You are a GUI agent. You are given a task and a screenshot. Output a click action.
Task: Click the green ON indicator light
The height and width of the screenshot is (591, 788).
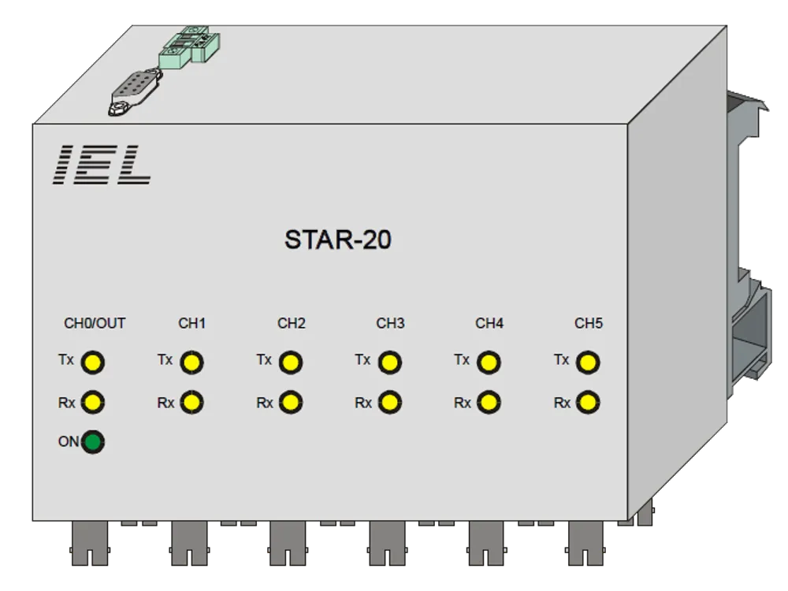pyautogui.click(x=92, y=442)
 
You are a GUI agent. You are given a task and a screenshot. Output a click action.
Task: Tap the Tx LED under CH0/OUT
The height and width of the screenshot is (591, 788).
pyautogui.click(x=92, y=362)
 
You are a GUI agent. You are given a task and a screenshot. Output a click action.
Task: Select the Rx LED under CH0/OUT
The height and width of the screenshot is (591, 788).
pyautogui.click(x=92, y=402)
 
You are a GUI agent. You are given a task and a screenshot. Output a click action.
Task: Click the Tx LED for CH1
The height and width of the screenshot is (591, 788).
pyautogui.click(x=191, y=362)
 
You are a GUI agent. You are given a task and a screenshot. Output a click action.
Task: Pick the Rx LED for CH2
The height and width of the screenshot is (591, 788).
pyautogui.click(x=291, y=402)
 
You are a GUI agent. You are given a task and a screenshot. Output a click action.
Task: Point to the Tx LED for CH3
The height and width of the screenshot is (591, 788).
pyautogui.click(x=389, y=362)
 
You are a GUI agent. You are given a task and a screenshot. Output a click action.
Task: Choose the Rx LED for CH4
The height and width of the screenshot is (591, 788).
pyautogui.click(x=489, y=402)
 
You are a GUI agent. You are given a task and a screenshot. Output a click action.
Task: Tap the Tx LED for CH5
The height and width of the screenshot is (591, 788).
pyautogui.click(x=588, y=362)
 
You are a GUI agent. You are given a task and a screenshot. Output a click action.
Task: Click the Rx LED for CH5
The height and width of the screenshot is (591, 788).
pyautogui.click(x=588, y=402)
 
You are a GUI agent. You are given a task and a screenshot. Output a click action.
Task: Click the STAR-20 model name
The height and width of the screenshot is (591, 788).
pyautogui.click(x=338, y=240)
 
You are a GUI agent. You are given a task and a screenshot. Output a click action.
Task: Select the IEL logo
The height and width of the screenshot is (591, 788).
pyautogui.click(x=102, y=165)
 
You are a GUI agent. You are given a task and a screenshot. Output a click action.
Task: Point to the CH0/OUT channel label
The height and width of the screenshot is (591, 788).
pyautogui.click(x=95, y=323)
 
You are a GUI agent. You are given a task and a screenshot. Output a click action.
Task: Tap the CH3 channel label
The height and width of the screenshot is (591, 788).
pyautogui.click(x=391, y=323)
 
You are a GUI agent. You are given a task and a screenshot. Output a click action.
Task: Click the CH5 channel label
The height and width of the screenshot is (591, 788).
pyautogui.click(x=589, y=323)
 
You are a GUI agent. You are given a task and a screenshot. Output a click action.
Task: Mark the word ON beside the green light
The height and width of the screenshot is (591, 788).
pyautogui.click(x=69, y=442)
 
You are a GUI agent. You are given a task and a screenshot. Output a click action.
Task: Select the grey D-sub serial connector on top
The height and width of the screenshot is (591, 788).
pyautogui.click(x=136, y=92)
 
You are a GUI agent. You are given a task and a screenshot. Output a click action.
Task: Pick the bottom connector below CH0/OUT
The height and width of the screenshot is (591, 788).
pyautogui.click(x=90, y=543)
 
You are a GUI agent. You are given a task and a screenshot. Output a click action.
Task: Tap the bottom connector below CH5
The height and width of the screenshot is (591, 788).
pyautogui.click(x=585, y=543)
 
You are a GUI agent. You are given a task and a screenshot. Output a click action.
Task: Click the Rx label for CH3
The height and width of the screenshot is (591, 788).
pyautogui.click(x=363, y=403)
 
